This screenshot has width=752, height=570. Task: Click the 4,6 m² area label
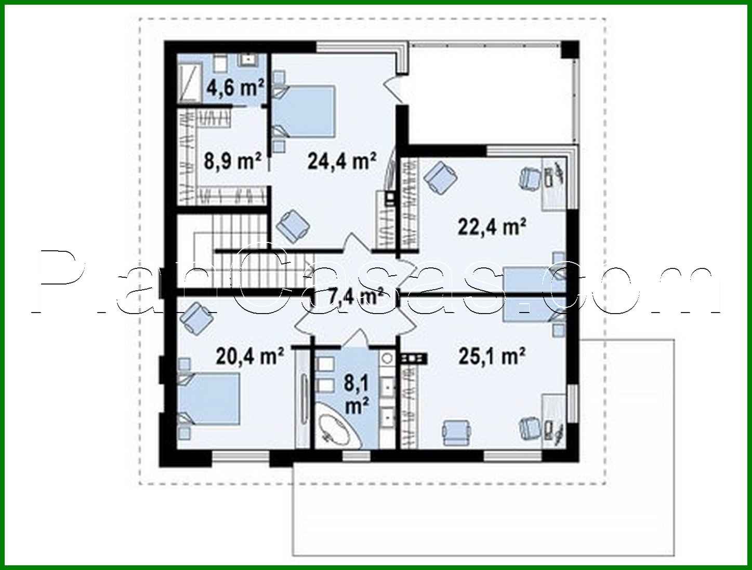coord(235,87)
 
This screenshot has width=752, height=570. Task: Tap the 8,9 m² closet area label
coord(232,161)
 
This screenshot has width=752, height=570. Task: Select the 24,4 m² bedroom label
coord(341,161)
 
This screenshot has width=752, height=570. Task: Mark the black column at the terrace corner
coord(570,49)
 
